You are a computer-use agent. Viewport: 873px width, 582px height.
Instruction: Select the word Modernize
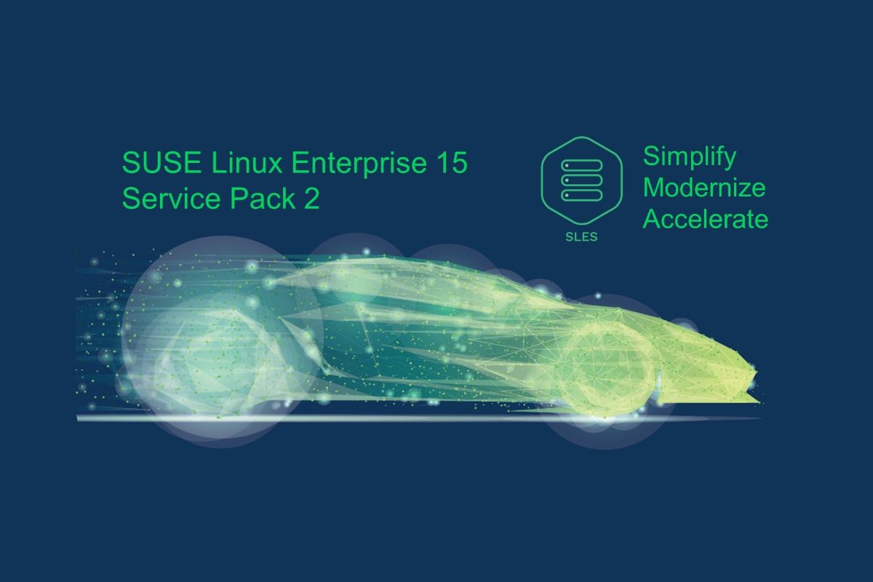coord(704,188)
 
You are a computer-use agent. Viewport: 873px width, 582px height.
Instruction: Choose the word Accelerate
coord(706,219)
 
